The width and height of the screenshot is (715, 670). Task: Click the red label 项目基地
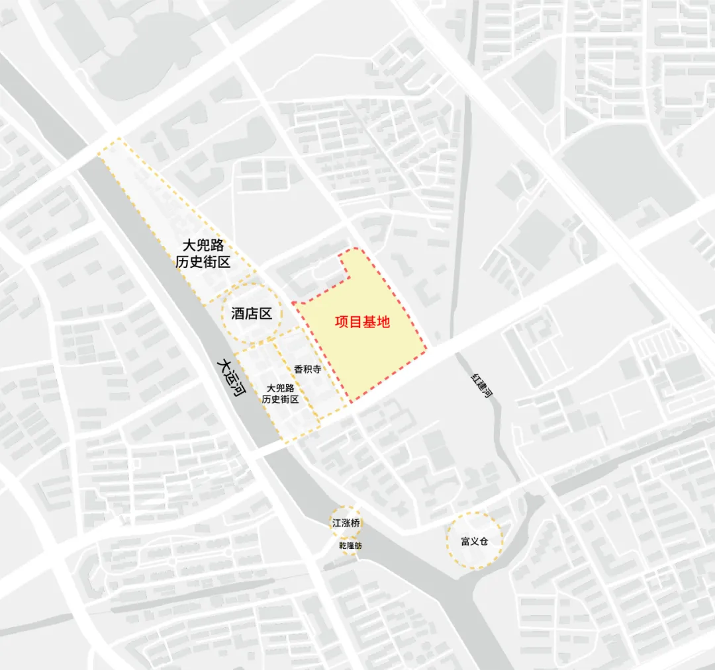point(361,323)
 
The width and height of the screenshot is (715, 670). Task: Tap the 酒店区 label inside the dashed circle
point(252,314)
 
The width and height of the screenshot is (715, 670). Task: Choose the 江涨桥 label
point(346,523)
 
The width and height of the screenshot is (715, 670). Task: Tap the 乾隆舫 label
point(350,547)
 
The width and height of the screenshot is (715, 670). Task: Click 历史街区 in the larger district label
point(203,262)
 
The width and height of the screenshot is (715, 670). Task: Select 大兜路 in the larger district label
point(203,245)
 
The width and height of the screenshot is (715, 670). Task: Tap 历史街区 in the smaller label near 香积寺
point(280,399)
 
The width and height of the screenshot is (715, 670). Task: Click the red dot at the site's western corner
point(293,303)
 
